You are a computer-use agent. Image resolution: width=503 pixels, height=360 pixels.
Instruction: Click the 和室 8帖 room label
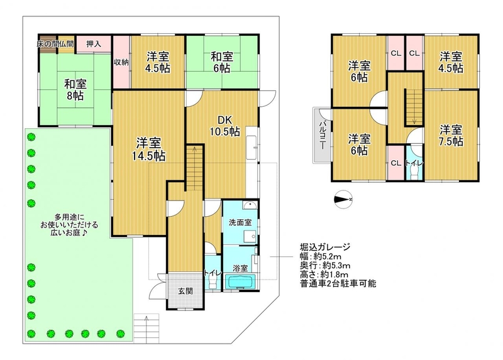(75, 90)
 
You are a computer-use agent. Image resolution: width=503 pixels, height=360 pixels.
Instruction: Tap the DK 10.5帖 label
(225, 126)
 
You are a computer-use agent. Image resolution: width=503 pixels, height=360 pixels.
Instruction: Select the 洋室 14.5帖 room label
(148, 150)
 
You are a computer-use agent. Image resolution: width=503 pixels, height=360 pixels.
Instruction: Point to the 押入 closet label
(94, 44)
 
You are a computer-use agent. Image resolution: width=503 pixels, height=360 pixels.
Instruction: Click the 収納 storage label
(121, 62)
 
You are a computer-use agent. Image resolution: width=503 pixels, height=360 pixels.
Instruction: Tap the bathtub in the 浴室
(240, 281)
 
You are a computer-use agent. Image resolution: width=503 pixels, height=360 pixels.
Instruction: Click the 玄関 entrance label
(185, 291)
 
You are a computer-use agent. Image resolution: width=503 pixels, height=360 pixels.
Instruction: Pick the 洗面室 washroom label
(240, 222)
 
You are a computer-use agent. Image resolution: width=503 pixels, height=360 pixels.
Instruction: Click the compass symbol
(343, 200)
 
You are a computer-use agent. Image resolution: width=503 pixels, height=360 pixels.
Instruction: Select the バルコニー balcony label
(322, 135)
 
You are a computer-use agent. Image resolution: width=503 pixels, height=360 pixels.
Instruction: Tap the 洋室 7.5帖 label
(451, 135)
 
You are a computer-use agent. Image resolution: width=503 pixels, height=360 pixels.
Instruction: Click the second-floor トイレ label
(414, 163)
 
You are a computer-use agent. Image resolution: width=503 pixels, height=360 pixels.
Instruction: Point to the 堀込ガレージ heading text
(325, 247)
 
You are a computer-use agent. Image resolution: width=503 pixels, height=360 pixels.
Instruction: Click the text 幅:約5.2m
(320, 256)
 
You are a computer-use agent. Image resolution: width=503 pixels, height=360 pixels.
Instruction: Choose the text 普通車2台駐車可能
(338, 284)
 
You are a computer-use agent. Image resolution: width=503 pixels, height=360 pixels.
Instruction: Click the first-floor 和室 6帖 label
(222, 62)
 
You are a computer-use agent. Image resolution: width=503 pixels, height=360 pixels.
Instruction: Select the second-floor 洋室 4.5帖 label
(451, 62)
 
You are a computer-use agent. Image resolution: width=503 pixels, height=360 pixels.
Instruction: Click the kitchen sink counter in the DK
(251, 147)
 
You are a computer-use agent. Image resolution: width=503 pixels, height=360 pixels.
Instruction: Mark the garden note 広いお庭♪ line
(69, 232)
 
